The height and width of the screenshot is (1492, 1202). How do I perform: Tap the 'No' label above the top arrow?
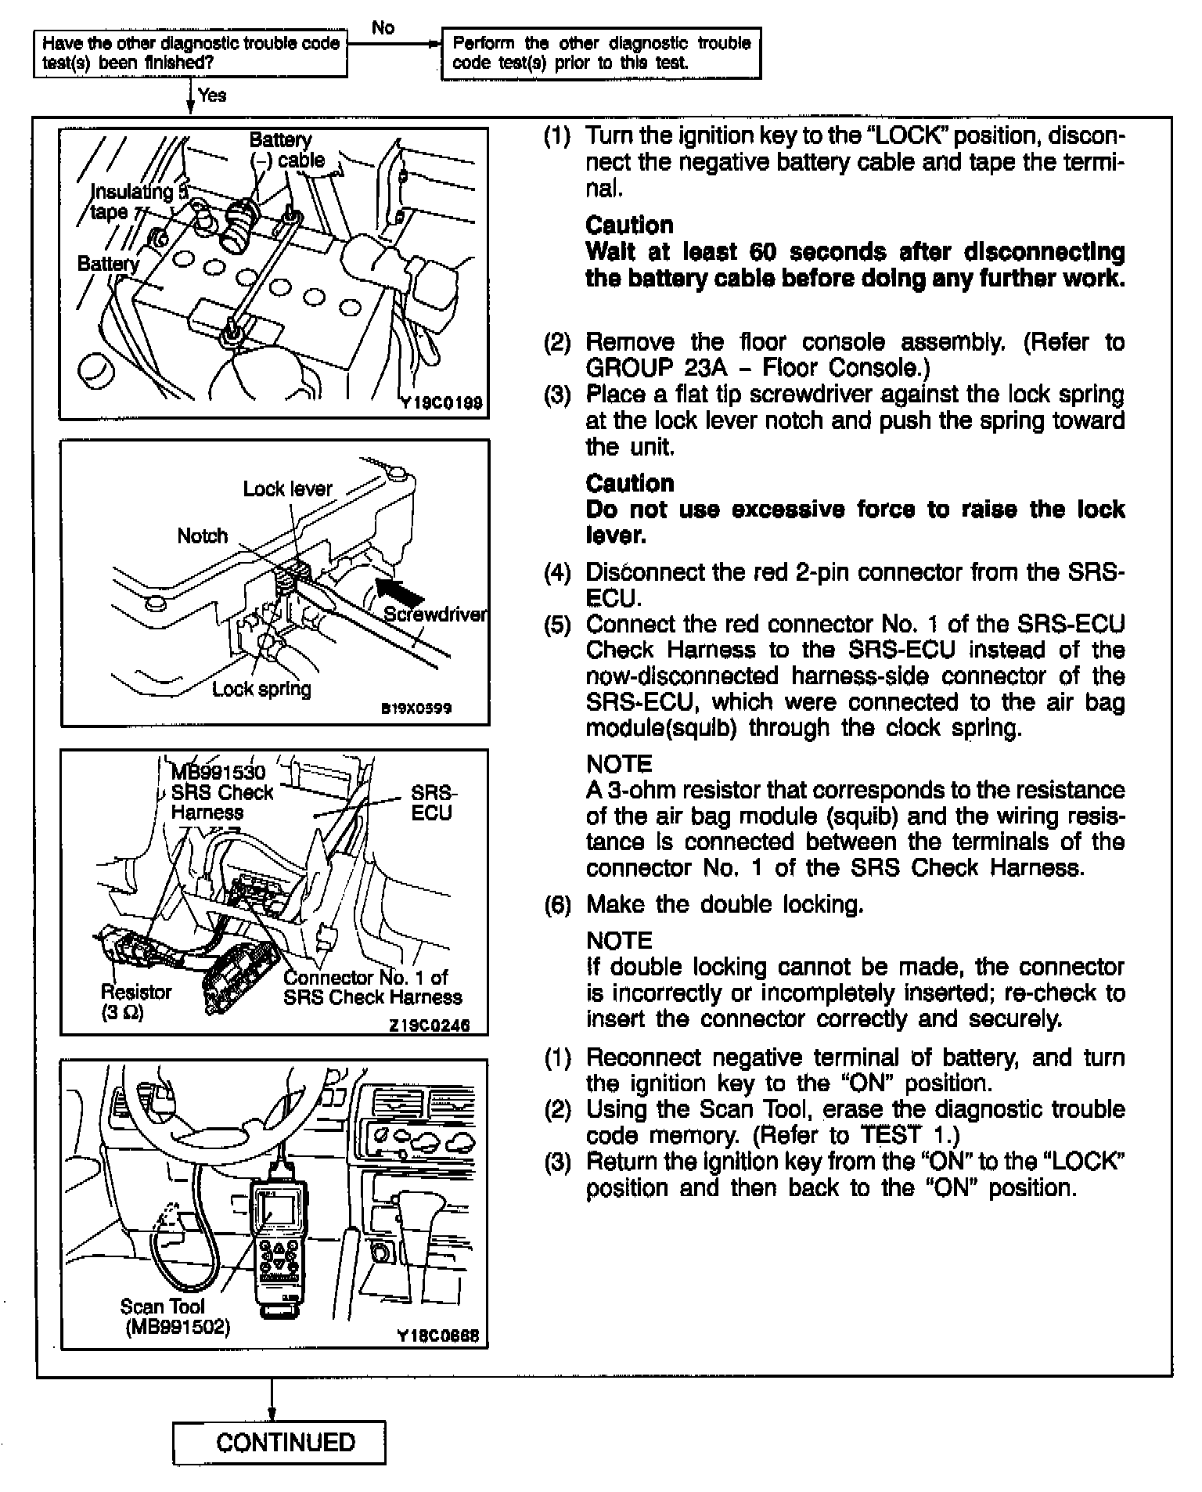[383, 27]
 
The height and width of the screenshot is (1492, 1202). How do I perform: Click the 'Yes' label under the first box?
[212, 96]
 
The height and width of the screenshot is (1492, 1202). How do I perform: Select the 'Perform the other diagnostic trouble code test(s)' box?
[602, 53]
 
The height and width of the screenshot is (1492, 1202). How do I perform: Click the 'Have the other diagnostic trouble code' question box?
[191, 53]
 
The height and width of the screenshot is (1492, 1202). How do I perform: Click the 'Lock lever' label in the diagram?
[287, 488]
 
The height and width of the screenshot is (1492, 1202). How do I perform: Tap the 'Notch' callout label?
[202, 536]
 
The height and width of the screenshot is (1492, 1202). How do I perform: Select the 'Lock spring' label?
[261, 689]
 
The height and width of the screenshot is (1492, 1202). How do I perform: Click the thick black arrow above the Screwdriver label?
[399, 589]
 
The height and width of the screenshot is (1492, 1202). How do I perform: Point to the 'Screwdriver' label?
[435, 614]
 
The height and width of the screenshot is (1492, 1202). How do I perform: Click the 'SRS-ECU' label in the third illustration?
[433, 802]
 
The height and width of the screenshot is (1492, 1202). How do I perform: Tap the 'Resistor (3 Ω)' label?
[135, 1001]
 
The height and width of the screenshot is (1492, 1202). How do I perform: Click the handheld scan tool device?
[277, 1238]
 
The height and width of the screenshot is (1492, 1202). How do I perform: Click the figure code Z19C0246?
[430, 1025]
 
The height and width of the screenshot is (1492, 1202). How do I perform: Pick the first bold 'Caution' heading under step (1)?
[629, 225]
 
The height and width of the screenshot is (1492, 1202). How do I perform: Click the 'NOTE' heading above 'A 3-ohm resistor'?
[619, 764]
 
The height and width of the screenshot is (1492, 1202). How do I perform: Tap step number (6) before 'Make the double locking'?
[558, 905]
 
